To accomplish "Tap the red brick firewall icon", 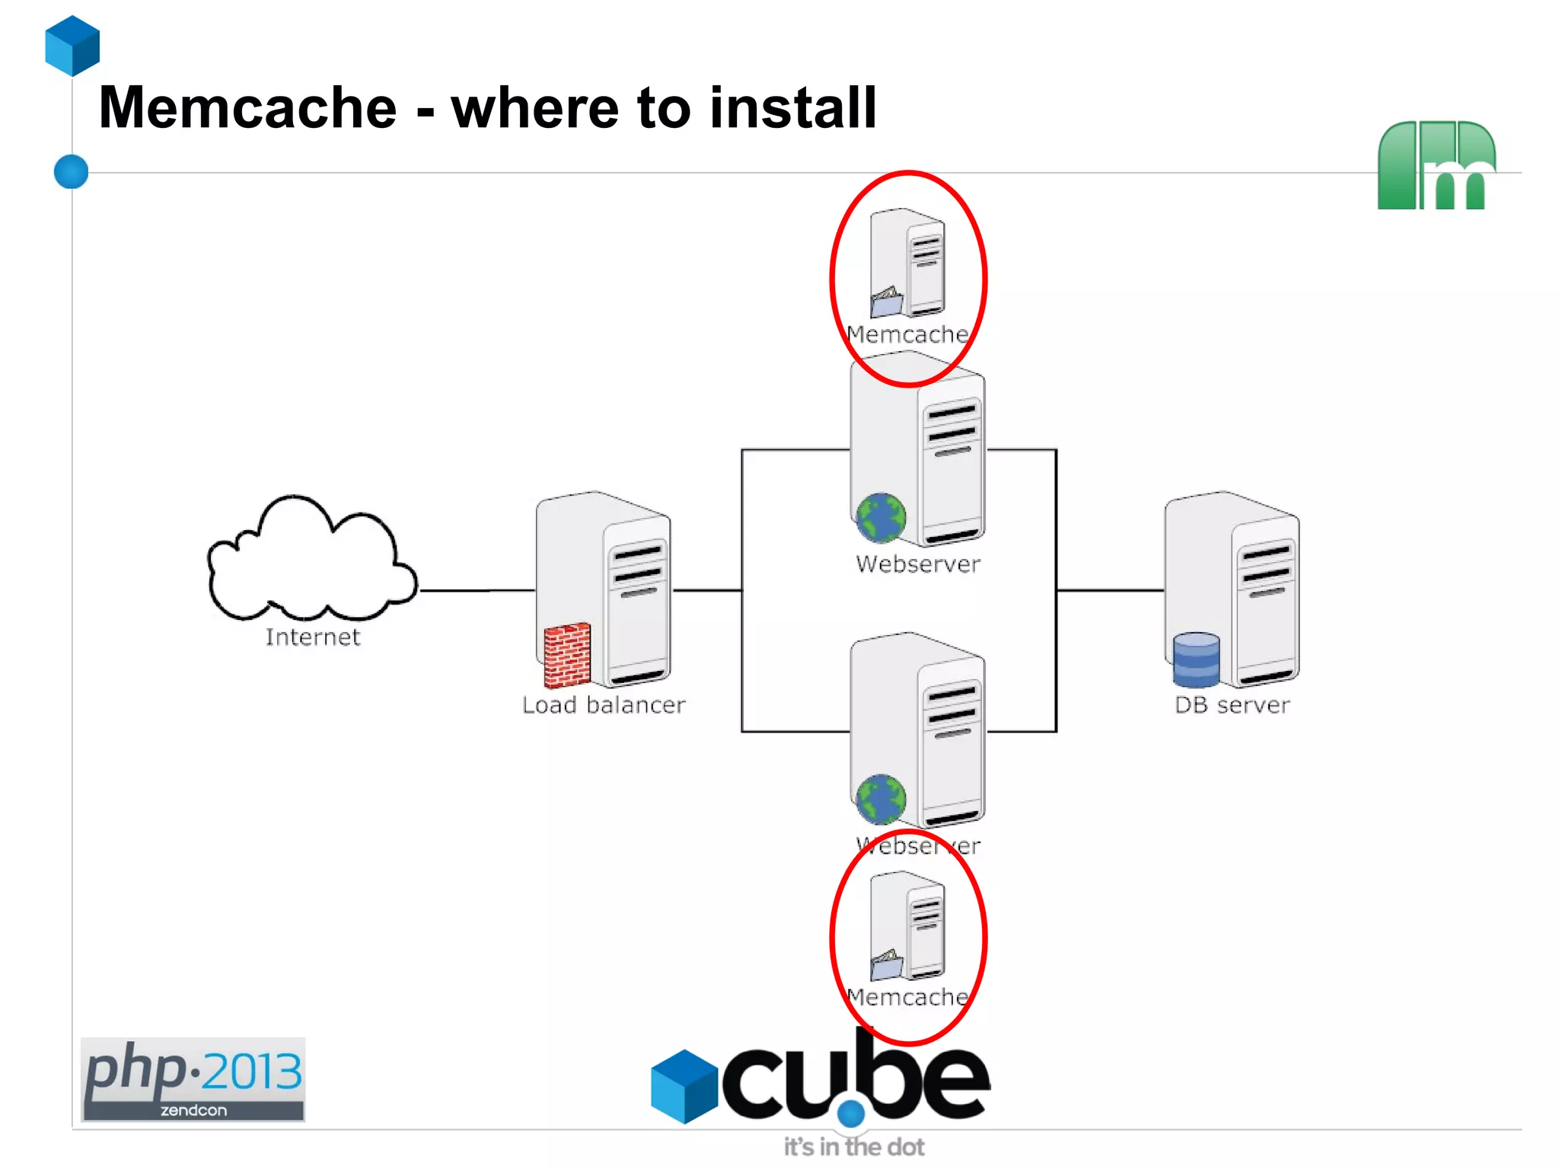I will click(x=567, y=655).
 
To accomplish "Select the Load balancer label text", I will click(x=604, y=705).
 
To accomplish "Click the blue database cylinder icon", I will click(x=1196, y=660).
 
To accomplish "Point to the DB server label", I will click(x=1232, y=705).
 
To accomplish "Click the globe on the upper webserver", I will click(x=881, y=518).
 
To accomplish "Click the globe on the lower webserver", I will click(x=881, y=800).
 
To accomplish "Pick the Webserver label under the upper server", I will click(x=918, y=564).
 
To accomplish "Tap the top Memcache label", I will click(x=907, y=334).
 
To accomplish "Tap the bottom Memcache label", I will click(x=907, y=997).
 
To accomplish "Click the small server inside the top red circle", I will click(x=908, y=263).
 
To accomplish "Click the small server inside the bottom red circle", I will click(x=908, y=925).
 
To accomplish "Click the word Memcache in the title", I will click(x=248, y=107).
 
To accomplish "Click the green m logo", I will click(x=1436, y=165).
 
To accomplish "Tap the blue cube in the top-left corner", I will click(x=72, y=46).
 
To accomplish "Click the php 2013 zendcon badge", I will click(x=193, y=1079).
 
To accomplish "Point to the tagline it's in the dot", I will click(x=854, y=1147).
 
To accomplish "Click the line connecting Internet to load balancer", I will click(x=477, y=590).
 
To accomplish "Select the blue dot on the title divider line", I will click(x=72, y=171).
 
